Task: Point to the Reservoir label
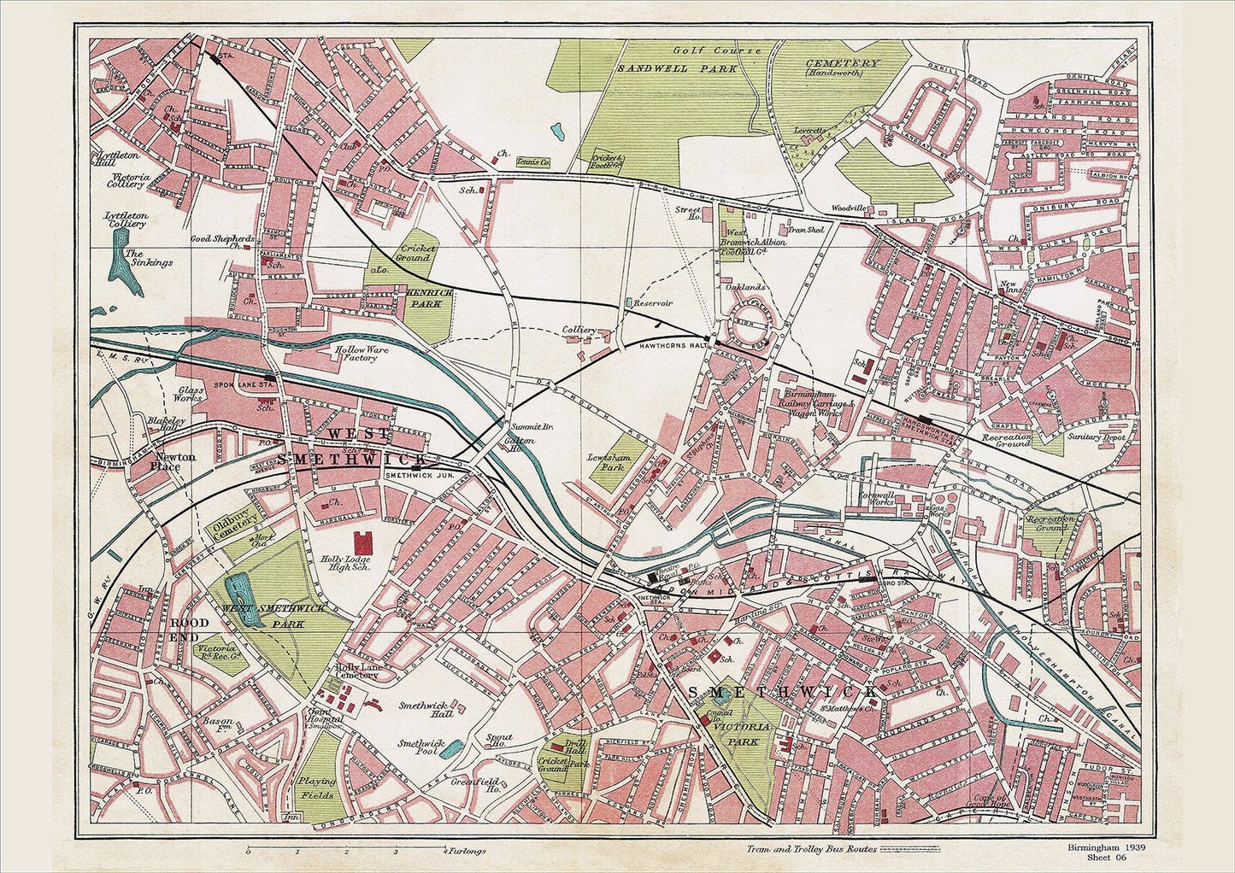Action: coord(654,303)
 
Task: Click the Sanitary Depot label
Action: coord(1096,436)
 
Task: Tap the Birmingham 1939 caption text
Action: coord(1106,847)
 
